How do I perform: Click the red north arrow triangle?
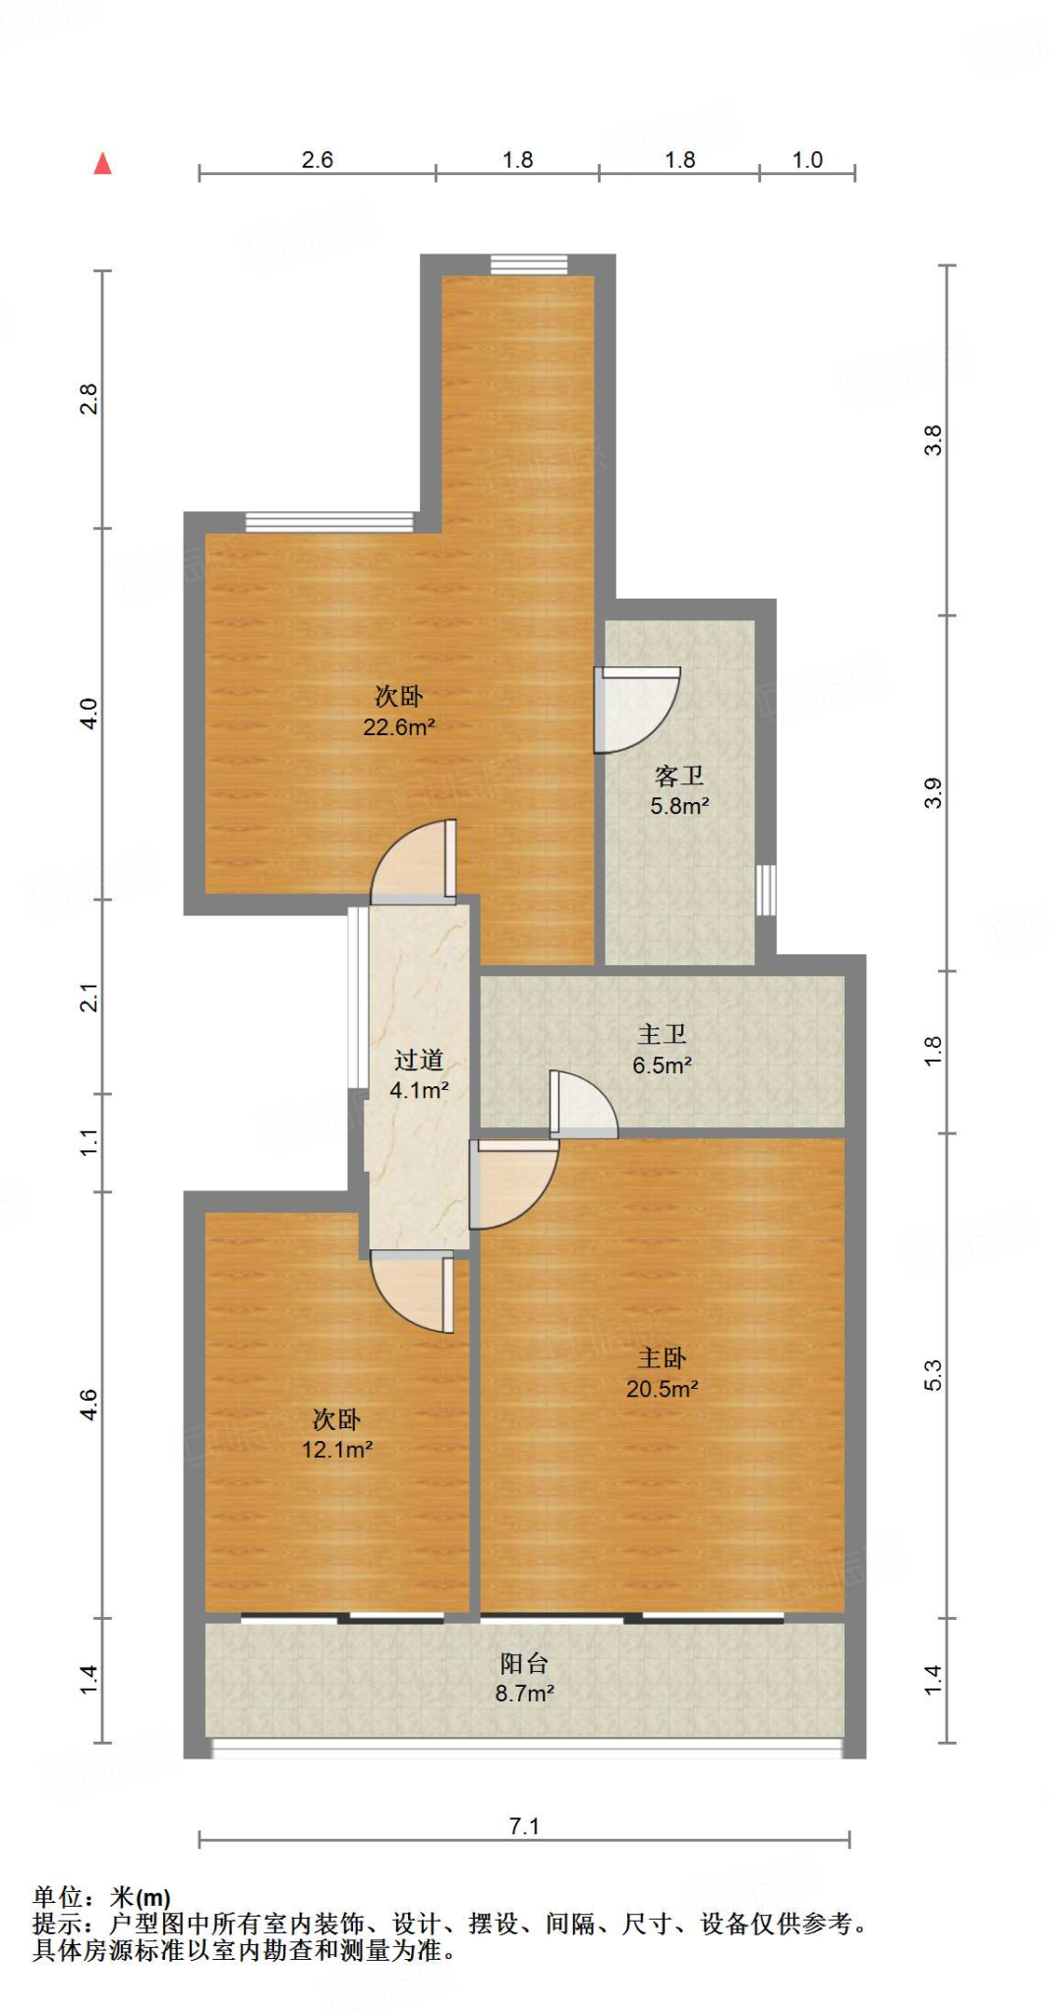(102, 163)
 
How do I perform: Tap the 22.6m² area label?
(399, 727)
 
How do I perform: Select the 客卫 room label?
(678, 776)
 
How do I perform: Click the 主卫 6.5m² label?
(662, 1049)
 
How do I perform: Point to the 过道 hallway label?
(419, 1060)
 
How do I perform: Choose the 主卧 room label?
(662, 1357)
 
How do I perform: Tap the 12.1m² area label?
(337, 1449)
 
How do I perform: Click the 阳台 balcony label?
(524, 1663)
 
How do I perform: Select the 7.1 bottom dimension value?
(524, 1826)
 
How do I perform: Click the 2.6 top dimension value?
(317, 159)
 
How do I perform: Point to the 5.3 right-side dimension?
(932, 1375)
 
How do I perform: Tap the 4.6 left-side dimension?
(88, 1404)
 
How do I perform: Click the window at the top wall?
(529, 263)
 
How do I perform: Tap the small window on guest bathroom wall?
(766, 891)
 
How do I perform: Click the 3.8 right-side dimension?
(932, 439)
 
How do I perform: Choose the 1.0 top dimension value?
(807, 159)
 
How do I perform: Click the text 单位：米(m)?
(101, 1897)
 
